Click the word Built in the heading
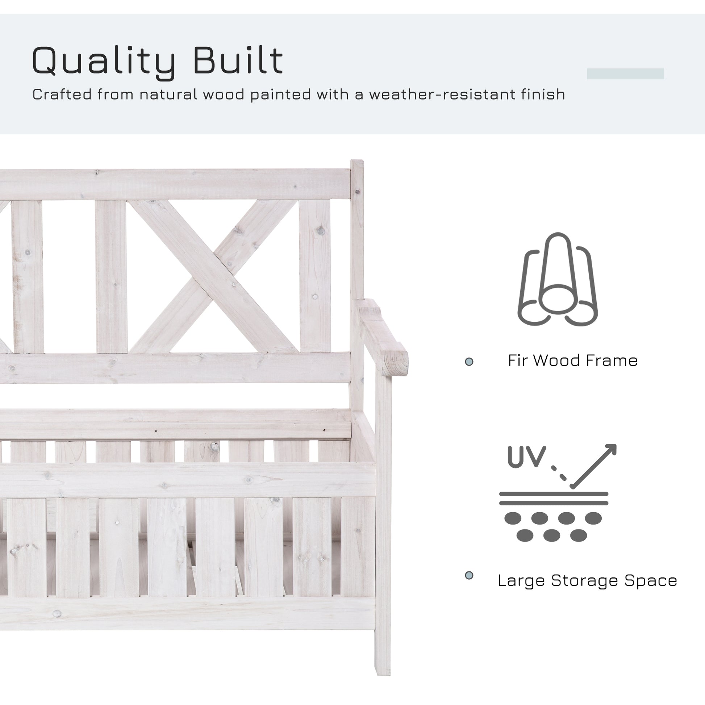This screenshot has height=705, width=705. pos(238,60)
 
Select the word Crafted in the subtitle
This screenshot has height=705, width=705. pos(62,95)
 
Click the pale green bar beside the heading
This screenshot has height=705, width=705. pos(625,74)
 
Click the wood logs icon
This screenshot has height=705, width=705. pos(557,280)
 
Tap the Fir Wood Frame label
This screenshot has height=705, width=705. pos(572,361)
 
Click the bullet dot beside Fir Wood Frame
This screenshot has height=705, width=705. pos(469,362)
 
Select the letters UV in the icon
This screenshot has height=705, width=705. pos(526,456)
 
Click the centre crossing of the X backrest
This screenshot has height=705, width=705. pos(213,276)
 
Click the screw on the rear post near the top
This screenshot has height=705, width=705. pos(357,192)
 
